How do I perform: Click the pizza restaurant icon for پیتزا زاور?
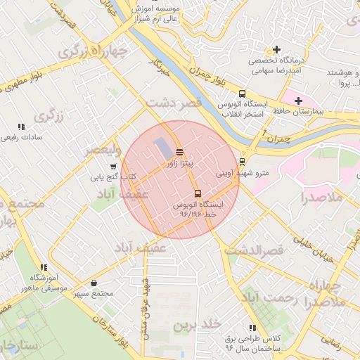[179, 152]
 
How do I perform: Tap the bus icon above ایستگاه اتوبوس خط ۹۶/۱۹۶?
[197, 193]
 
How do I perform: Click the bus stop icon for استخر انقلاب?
[243, 94]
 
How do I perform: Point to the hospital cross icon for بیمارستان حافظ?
[299, 101]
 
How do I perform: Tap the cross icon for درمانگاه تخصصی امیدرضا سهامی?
[277, 50]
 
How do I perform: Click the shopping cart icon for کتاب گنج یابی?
[112, 167]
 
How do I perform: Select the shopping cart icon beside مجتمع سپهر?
[114, 284]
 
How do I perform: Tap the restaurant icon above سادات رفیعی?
[21, 127]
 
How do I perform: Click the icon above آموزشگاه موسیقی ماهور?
[44, 267]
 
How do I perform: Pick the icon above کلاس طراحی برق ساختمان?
[252, 328]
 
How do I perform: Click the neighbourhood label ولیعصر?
[103, 150]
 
